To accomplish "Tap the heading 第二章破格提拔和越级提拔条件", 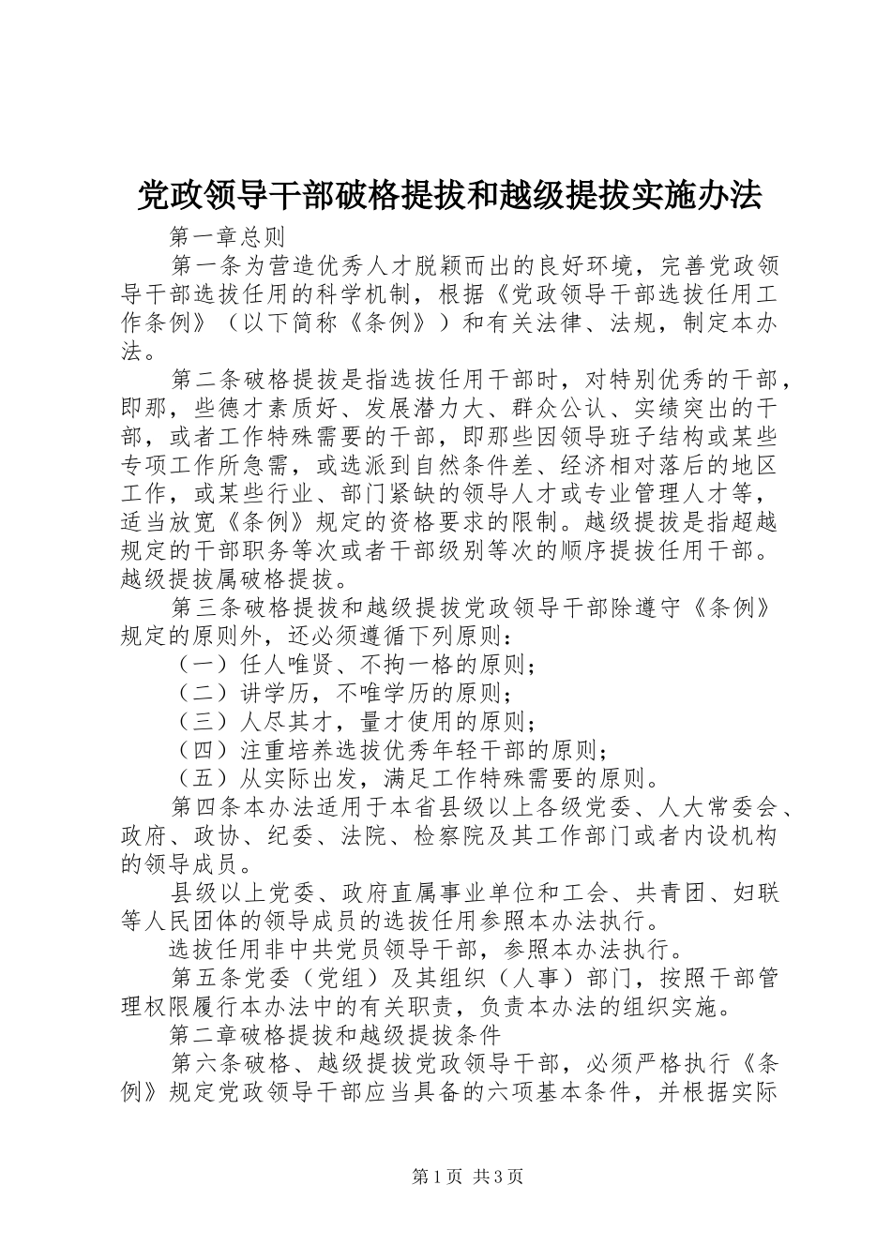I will pyautogui.click(x=337, y=1036).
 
